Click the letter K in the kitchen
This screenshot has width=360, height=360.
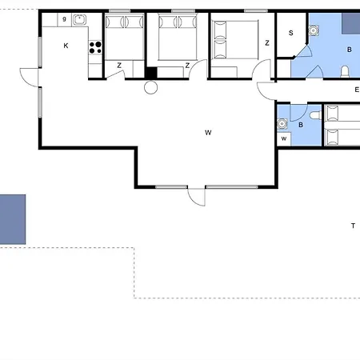coord(66,46)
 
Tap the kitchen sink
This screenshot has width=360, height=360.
coord(79,19)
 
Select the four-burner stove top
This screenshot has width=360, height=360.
coord(95,47)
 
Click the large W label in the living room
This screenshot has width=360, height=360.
coord(208,133)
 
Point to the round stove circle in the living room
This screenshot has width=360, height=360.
coord(150,87)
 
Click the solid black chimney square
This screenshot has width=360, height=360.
coord(151,73)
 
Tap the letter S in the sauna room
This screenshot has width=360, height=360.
coord(291,33)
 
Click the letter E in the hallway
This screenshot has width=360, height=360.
coord(357,90)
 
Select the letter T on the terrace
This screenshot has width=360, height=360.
coord(354,226)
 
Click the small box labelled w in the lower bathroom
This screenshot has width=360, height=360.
coord(284,139)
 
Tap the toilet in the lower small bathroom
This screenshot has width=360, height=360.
coord(316,115)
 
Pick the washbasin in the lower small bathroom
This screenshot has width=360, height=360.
coord(282,124)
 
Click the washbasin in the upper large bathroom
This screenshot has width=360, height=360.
coord(314,30)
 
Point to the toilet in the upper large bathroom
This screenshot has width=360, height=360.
coord(345,71)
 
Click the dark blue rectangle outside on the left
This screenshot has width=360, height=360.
coord(13,219)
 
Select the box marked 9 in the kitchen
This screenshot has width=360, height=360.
coord(64,20)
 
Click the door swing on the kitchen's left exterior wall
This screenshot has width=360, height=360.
coord(30,78)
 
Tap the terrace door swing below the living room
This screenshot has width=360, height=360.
coord(197,197)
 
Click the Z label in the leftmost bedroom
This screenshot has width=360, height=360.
coord(119,66)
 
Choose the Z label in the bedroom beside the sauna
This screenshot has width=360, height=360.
coord(267,43)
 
